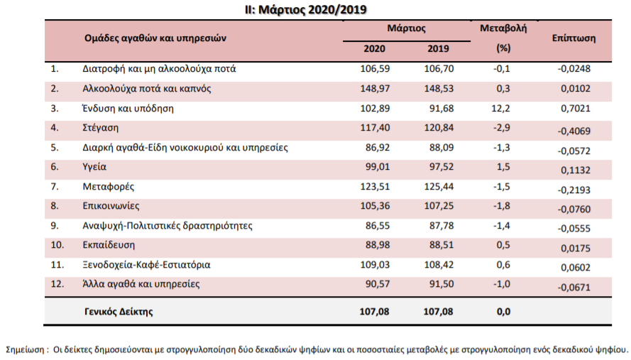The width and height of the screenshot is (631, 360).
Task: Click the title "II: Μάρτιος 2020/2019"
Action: [306, 9]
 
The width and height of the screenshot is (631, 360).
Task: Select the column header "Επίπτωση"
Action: [574, 38]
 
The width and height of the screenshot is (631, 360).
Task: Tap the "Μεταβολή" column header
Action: [503, 28]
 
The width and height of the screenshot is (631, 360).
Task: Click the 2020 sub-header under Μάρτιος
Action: [374, 49]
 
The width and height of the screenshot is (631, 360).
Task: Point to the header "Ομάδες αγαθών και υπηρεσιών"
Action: [155, 38]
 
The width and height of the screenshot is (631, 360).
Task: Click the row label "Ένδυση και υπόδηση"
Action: [128, 109]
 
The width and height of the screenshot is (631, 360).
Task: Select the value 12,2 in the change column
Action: [500, 109]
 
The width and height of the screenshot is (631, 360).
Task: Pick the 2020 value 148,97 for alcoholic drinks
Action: [375, 89]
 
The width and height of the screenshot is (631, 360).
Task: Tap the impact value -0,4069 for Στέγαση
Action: [574, 131]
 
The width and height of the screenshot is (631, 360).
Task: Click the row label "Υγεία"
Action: [94, 167]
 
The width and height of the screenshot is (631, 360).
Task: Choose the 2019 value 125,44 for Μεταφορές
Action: [439, 187]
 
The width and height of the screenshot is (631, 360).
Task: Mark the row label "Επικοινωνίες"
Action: [111, 206]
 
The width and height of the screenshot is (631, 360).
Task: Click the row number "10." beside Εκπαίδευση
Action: [57, 245]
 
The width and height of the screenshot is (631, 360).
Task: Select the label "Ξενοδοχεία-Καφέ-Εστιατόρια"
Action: [146, 265]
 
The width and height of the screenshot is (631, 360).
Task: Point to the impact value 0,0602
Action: [576, 268]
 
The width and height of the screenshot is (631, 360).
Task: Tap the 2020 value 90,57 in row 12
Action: [378, 284]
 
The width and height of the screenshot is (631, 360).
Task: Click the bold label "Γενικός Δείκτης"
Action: [119, 311]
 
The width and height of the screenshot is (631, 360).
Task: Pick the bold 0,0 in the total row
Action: [503, 312]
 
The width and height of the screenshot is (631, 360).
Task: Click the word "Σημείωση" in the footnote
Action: [25, 349]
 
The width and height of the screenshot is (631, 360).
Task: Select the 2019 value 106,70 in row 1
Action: [439, 69]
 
